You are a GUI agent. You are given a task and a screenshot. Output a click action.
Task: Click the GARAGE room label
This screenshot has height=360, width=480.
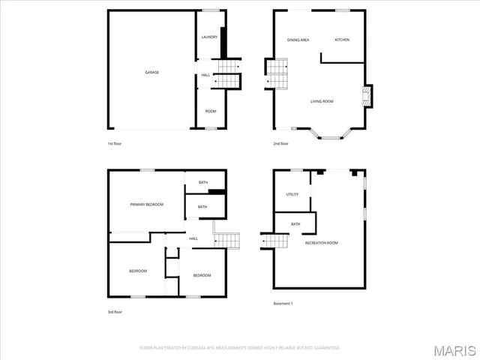[151, 72]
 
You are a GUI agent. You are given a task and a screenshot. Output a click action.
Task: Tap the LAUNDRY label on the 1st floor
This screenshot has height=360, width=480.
[209, 37]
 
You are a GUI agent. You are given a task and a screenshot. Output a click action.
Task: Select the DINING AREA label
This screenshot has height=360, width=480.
[298, 40]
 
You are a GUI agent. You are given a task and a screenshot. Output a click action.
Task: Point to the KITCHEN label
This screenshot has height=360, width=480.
[342, 40]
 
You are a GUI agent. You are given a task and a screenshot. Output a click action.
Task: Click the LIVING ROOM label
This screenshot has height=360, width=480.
[322, 101]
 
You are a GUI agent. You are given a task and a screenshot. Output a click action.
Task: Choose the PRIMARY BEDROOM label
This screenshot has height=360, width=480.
[146, 204]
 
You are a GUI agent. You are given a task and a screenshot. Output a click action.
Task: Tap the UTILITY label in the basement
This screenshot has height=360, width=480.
[292, 194]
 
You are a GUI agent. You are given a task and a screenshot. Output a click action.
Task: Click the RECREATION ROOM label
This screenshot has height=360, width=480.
[321, 243]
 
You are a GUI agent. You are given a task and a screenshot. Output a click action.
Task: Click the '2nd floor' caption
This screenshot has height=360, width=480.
[280, 143]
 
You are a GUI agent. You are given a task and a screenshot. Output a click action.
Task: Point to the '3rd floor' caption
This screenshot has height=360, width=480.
[115, 311]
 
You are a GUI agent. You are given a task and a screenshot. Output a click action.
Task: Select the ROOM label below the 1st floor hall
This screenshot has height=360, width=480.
[211, 111]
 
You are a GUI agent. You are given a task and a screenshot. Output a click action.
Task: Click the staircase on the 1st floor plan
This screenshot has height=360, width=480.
[227, 73]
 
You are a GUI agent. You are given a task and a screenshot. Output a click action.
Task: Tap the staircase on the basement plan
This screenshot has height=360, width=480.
[276, 241]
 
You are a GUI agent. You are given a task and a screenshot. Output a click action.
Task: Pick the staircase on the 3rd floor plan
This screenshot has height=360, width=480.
[226, 240]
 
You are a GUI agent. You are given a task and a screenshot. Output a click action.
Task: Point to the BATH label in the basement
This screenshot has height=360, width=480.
[295, 223]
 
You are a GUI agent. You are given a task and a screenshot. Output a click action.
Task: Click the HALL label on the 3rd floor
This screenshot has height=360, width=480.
[193, 238]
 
